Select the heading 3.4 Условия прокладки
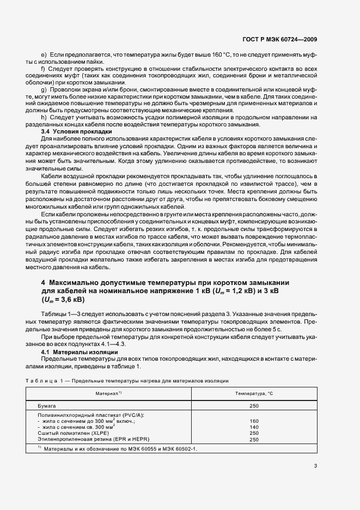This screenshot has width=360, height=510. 76,132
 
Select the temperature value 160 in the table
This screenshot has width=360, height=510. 254,421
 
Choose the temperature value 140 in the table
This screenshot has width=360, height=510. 254,427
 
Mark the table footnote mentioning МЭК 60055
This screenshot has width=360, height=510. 117,448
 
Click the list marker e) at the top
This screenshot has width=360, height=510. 44,54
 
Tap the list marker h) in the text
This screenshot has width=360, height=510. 44,117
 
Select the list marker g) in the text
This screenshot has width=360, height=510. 44,88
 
